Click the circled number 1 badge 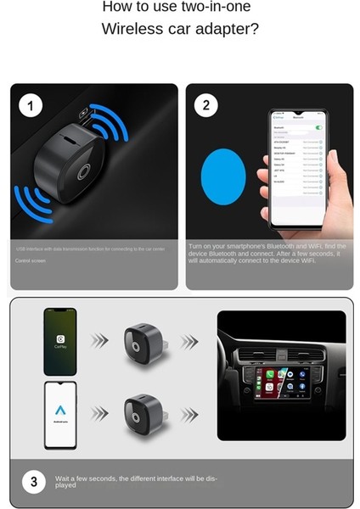point(31,106)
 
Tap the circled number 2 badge point(206,106)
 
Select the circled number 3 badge point(33,482)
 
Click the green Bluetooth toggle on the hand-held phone point(318,127)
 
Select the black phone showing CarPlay point(60,341)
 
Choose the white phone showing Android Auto point(60,414)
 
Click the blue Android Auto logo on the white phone point(60,411)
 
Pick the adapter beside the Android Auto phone point(142,413)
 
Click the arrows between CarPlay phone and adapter point(100,341)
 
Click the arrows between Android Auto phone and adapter point(100,413)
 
